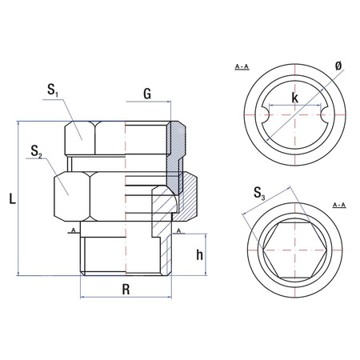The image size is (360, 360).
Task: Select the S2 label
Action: tap(34, 150)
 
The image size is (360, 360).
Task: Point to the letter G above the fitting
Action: tap(146, 94)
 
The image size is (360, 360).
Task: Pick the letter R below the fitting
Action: tap(126, 289)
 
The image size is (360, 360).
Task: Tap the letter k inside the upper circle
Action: tap(295, 97)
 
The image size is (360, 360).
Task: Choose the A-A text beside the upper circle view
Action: tap(240, 65)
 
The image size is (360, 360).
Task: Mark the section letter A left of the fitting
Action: tap(73, 230)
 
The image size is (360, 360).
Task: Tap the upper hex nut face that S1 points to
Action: tap(79, 137)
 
